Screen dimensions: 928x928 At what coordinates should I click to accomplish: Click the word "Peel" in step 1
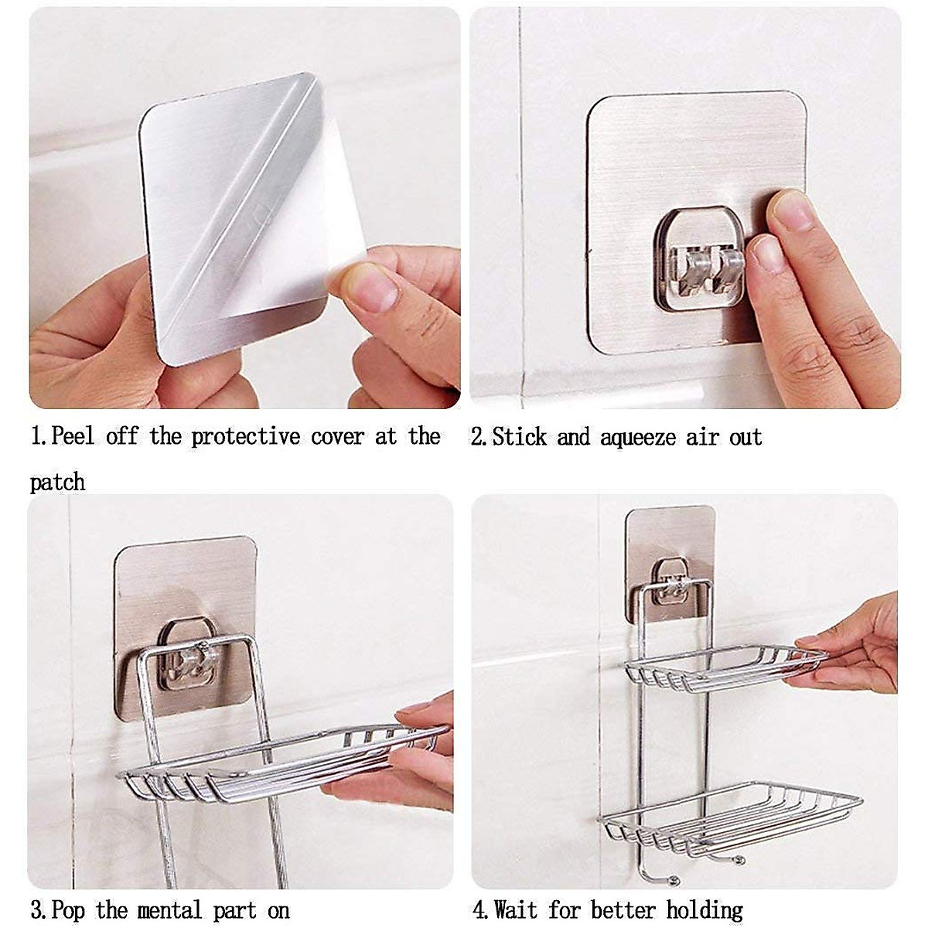click(73, 436)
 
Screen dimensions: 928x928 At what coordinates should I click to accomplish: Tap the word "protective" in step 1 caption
click(245, 436)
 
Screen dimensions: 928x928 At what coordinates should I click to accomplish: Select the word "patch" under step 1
click(57, 483)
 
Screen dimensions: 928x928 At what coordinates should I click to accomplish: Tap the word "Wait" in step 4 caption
click(517, 910)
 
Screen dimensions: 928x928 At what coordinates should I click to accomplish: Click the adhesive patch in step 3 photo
click(186, 588)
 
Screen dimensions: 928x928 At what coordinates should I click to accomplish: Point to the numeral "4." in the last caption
click(481, 910)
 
